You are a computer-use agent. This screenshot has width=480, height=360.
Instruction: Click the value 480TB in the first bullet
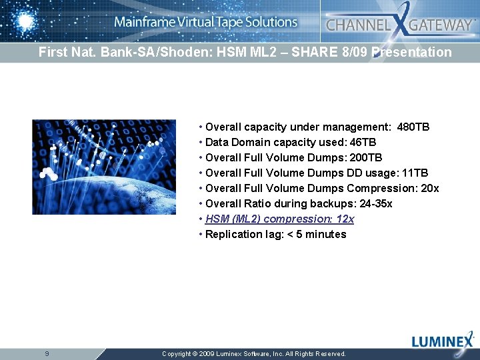[x=413, y=127]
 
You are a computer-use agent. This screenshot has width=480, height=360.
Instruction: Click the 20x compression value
[x=430, y=188]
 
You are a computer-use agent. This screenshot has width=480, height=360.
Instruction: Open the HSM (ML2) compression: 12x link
[x=279, y=219]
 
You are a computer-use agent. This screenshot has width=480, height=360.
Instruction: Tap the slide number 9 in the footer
[x=47, y=353]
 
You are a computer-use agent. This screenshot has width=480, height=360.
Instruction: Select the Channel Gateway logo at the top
[x=399, y=25]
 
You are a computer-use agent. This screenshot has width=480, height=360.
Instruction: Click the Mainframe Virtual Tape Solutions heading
[x=205, y=22]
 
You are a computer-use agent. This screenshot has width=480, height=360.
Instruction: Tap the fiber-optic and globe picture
[x=104, y=167]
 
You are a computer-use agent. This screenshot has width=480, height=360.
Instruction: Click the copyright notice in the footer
[x=254, y=354]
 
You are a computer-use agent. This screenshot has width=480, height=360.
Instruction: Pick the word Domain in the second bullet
[x=251, y=142]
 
